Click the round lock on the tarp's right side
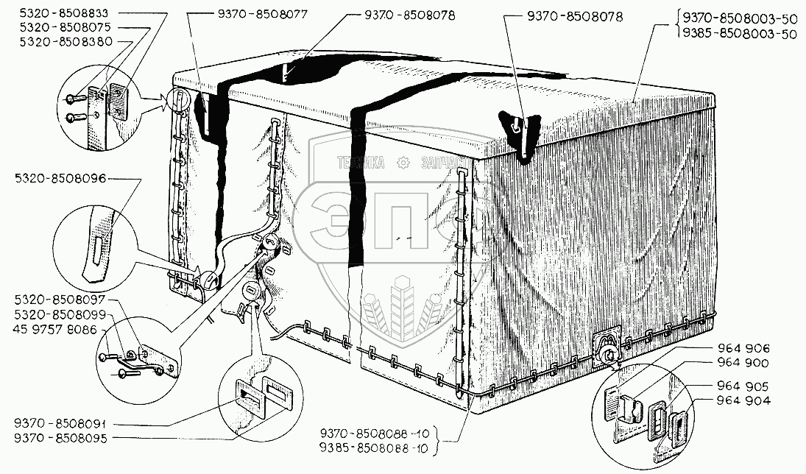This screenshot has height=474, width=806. [607, 355]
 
